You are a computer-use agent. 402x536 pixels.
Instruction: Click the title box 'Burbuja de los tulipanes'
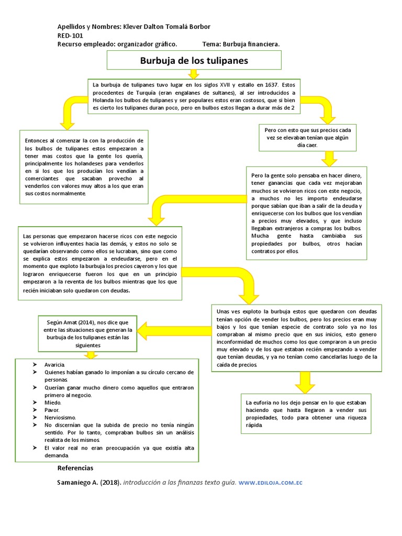point(194,61)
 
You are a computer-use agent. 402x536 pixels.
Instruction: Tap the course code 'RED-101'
point(71,36)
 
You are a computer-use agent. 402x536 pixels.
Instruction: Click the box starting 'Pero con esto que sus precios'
point(308,138)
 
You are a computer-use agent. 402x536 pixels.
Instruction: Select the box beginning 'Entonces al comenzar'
point(84,167)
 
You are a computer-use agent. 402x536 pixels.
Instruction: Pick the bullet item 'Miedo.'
point(53,403)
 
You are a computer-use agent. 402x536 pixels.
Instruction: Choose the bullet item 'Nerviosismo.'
point(60,418)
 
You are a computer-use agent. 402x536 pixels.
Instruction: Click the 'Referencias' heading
point(75,468)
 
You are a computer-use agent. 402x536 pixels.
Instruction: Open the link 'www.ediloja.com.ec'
point(271,482)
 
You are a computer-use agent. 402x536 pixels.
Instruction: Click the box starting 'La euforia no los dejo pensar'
point(306,414)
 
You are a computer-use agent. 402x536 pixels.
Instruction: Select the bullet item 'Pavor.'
point(52,410)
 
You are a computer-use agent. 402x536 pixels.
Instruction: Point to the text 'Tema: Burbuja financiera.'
point(240,44)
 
